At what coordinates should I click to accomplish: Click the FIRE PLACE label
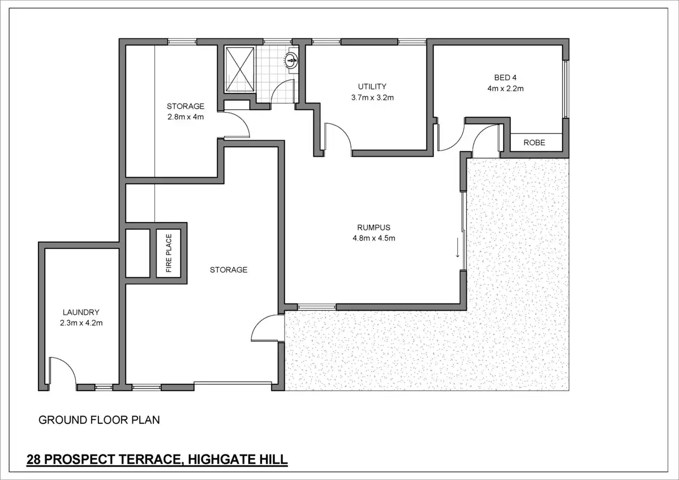tap(169, 253)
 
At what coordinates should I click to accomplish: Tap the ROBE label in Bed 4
tap(534, 143)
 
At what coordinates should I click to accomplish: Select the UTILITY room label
tap(372, 87)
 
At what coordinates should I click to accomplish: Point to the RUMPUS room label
tap(373, 228)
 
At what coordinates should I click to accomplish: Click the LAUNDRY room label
tap(81, 312)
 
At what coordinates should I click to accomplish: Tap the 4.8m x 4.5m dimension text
tap(373, 238)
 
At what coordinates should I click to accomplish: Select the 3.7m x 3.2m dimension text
tap(372, 97)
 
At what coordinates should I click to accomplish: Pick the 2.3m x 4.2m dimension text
tap(81, 323)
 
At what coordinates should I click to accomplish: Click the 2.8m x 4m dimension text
tap(186, 117)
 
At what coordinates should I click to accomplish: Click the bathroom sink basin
tap(292, 60)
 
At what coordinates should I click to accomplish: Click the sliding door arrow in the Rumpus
tap(458, 247)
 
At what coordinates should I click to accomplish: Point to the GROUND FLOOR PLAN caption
tap(99, 420)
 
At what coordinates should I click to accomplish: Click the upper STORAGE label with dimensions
tap(186, 106)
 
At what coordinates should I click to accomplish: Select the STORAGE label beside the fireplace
tap(229, 270)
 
